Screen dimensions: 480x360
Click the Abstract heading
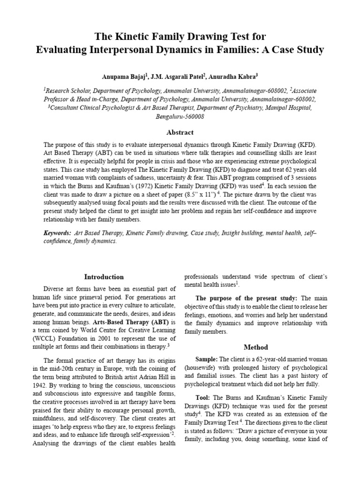(180, 133)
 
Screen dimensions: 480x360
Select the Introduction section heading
(104, 277)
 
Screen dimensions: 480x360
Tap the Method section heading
(256, 347)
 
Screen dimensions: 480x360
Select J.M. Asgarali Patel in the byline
(176, 76)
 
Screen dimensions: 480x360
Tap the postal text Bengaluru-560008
(180, 116)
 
